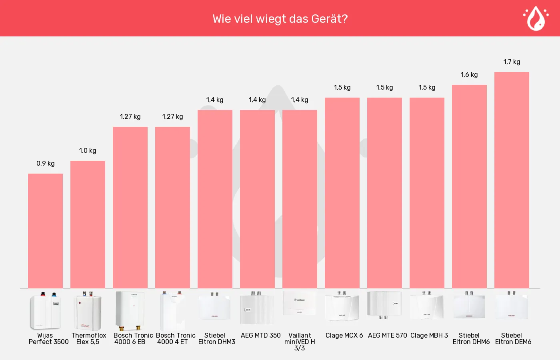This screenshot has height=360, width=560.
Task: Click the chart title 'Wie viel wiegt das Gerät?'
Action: tap(280, 19)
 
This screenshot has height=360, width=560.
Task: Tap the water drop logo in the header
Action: tap(536, 18)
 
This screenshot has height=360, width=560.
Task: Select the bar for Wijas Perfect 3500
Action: tap(45, 231)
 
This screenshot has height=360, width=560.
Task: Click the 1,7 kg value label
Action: tap(512, 62)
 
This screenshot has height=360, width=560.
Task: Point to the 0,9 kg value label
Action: tap(46, 164)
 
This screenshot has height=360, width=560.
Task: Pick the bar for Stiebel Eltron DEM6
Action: tap(512, 180)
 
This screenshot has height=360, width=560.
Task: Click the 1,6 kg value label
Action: tap(469, 75)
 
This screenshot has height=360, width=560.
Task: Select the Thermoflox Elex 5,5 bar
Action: tap(88, 224)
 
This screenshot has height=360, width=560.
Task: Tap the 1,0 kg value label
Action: tap(88, 151)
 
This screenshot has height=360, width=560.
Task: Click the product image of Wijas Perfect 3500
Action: tap(45, 311)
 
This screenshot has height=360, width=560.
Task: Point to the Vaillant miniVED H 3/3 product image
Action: tap(300, 303)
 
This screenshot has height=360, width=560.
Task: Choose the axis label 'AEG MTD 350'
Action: tap(260, 335)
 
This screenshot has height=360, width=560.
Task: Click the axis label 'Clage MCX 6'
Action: tap(344, 335)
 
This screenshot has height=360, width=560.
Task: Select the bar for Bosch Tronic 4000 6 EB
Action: tap(130, 208)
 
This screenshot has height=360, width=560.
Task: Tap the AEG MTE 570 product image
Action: tap(384, 305)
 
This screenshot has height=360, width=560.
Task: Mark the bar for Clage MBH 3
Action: tap(427, 193)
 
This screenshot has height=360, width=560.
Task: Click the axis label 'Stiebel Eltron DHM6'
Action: tap(471, 338)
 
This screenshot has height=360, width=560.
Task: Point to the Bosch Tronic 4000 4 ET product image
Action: tap(172, 311)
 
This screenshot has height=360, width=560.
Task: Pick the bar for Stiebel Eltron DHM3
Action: tap(215, 199)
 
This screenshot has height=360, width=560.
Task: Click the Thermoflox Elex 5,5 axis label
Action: tap(89, 338)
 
